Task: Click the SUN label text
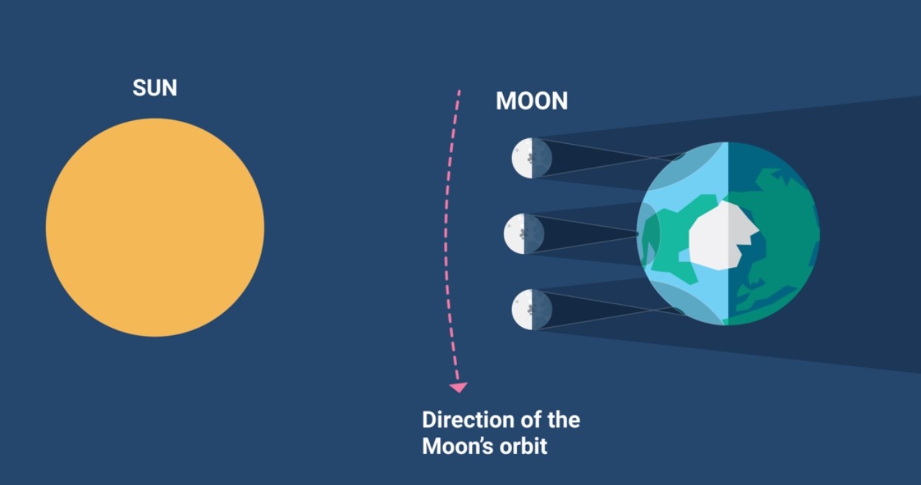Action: click(154, 88)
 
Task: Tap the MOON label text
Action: click(532, 100)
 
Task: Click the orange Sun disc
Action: click(155, 227)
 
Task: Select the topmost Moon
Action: click(532, 158)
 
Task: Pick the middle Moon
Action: click(524, 234)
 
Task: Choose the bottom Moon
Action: click(532, 309)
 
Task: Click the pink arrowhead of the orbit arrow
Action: click(458, 388)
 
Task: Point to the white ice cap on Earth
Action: click(724, 235)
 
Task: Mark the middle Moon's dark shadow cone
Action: click(584, 234)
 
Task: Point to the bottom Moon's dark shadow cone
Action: click(596, 310)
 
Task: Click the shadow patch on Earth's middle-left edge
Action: click(648, 234)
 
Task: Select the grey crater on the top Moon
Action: click(531, 157)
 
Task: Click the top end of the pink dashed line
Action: click(459, 90)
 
